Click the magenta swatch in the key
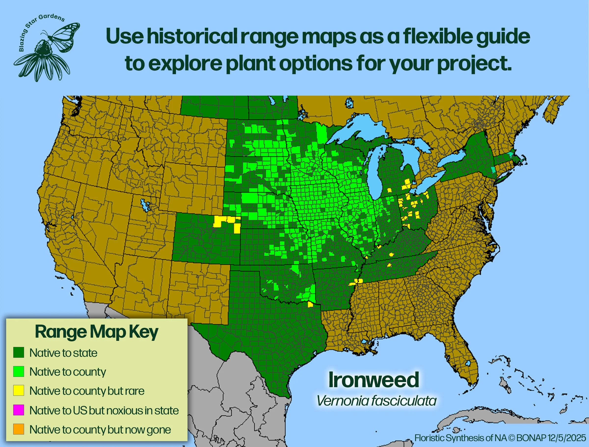(x=19, y=410)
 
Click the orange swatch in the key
(x=19, y=429)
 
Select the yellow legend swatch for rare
(x=19, y=390)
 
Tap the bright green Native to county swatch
(x=19, y=371)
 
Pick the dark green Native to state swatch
(x=19, y=352)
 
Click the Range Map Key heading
(x=96, y=332)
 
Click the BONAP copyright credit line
(x=500, y=438)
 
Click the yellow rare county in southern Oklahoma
(x=310, y=304)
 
